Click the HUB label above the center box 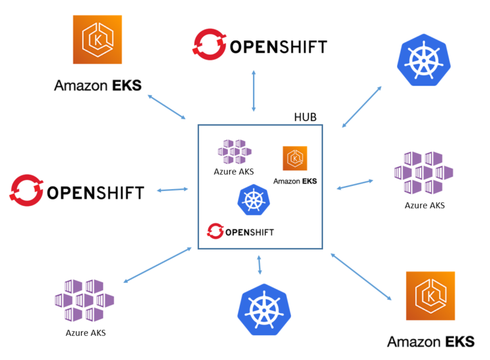click(305, 117)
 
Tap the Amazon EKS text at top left click(97, 85)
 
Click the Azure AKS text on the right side click(424, 206)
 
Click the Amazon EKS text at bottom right click(430, 342)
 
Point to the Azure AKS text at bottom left click(85, 333)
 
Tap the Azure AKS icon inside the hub click(235, 152)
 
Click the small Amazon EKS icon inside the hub click(295, 159)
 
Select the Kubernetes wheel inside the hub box click(252, 200)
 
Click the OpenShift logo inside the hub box click(240, 231)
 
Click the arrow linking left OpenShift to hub click(173, 190)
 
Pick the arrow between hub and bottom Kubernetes click(260, 264)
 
